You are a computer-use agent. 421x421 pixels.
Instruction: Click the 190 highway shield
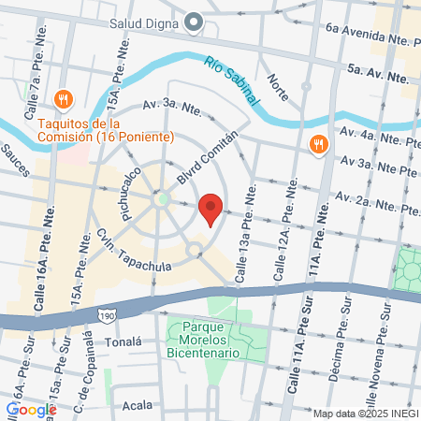pos(109,317)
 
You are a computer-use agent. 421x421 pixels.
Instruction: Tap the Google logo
pos(31,409)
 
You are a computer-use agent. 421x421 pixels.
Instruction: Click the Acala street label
pos(137,407)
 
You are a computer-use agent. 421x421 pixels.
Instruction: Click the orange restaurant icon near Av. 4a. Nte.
pos(318,144)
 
